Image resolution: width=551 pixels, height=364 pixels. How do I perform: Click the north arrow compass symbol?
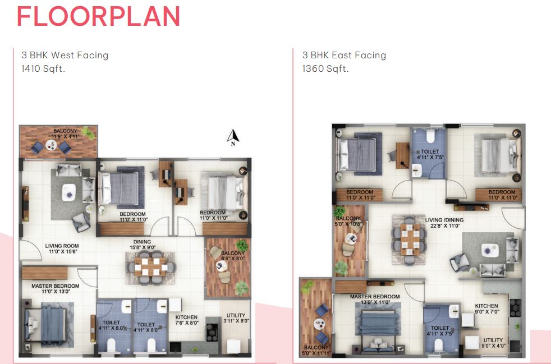coord(233,137)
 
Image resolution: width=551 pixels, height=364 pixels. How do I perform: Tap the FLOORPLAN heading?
coord(98,16)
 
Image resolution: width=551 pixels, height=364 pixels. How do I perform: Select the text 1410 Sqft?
coord(43,68)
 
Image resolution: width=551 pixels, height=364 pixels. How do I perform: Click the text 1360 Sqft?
coord(325,68)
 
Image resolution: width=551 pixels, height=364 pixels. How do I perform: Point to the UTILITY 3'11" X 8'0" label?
coord(236,318)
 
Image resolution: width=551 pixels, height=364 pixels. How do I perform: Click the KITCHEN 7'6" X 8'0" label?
coord(187,320)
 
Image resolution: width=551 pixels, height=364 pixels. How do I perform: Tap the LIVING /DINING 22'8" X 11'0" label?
coord(444,223)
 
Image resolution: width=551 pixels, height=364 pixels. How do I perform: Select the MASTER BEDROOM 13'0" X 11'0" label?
coord(375,300)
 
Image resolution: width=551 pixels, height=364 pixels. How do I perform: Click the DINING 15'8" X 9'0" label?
coord(142,245)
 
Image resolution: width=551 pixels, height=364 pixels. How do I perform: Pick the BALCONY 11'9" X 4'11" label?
coord(65,133)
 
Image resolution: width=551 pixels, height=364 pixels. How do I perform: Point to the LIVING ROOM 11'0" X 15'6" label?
coord(62,249)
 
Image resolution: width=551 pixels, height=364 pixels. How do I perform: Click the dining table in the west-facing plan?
coord(150,267)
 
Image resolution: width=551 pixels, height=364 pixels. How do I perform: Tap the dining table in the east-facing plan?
coord(408,239)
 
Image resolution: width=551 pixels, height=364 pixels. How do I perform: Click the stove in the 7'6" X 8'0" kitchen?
coord(212,333)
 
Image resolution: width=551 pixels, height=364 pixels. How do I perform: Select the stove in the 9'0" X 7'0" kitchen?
coord(515,308)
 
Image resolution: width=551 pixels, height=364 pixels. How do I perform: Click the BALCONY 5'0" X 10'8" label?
coord(348,221)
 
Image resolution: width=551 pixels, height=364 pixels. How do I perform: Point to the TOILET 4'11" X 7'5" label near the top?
coord(430,155)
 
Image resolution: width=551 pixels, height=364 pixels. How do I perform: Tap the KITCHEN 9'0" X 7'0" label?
coord(486,309)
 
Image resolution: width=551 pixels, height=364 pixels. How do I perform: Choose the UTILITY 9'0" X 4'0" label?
coord(493,343)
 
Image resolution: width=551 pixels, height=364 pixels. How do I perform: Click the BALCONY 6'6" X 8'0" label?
coord(233,256)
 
